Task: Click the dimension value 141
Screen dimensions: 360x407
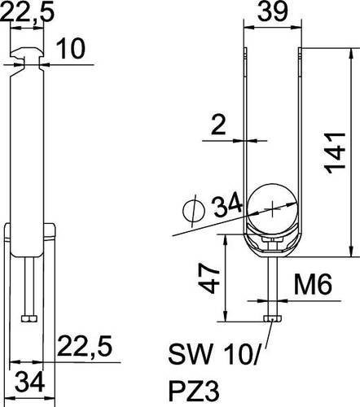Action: coord(336,153)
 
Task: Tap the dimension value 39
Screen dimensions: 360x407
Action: coord(272,11)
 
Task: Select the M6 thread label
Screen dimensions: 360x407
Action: coord(313,284)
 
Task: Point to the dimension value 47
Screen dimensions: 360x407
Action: coord(210,278)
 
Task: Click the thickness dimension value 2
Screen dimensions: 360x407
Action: coord(218,125)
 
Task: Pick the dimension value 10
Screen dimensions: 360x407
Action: coord(71,49)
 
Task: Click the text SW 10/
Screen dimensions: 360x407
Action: coord(214,354)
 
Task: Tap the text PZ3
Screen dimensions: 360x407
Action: coord(194,392)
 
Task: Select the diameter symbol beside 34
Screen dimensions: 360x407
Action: coord(194,212)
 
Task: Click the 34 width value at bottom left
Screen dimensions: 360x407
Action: coord(30,382)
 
